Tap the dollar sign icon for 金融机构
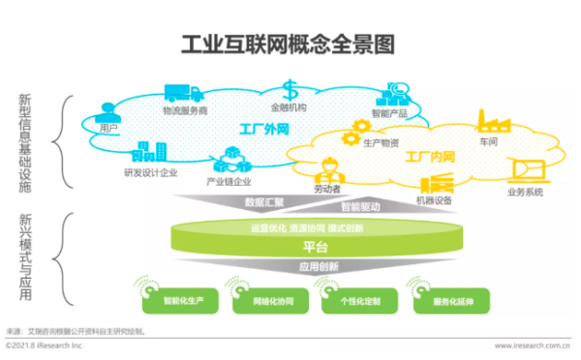290,89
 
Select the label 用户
108,127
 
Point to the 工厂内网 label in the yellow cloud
428,155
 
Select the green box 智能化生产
182,300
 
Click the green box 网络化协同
272,300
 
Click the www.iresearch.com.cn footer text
532,345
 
